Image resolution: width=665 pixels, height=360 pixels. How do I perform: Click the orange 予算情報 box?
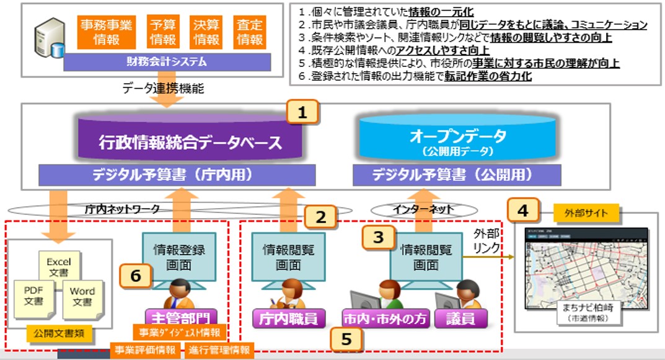tap(164, 32)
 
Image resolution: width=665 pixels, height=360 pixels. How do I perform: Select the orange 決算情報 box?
tap(207, 32)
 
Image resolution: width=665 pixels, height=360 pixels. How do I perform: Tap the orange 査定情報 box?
tap(250, 32)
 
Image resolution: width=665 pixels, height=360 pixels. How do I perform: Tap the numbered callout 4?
tap(523, 211)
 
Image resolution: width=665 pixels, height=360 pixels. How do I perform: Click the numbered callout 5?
tap(347, 338)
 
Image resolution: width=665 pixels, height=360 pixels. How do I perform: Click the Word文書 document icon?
tap(82, 296)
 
